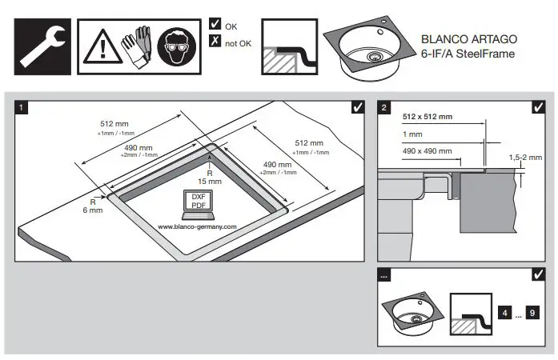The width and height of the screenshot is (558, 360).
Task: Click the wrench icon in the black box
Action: (42, 43)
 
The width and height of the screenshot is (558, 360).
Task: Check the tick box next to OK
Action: (214, 26)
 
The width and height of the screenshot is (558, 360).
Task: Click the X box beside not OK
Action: (214, 42)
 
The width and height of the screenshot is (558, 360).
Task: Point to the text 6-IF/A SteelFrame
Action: (468, 54)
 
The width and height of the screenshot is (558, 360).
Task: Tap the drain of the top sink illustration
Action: (375, 55)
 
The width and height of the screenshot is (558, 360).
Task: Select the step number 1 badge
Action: (24, 107)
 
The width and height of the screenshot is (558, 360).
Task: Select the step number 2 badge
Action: (385, 107)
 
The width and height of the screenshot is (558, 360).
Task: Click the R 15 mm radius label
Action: (210, 177)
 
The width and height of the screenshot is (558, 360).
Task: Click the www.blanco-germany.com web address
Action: (197, 226)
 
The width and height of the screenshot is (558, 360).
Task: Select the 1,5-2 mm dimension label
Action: (525, 158)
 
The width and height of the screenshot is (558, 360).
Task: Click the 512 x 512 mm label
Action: (427, 117)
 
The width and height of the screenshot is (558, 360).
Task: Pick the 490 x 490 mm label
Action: (427, 150)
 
